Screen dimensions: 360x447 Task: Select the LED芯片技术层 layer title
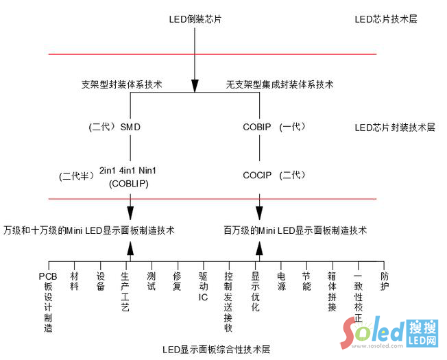coord(386,19)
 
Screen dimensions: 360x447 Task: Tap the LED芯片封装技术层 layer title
coord(395,127)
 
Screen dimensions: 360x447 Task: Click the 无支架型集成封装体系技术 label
coord(280,85)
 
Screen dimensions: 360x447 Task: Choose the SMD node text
coord(130,128)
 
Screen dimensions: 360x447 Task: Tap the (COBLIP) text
coord(130,184)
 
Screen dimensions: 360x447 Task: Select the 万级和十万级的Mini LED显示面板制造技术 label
coord(88,230)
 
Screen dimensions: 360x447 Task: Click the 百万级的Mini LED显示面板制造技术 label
coord(295,230)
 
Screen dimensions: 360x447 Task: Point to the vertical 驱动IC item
coord(203,287)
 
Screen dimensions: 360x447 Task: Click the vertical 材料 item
coord(75,281)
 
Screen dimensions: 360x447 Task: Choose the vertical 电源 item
coord(280,281)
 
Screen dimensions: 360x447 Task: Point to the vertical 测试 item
coord(152,281)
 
